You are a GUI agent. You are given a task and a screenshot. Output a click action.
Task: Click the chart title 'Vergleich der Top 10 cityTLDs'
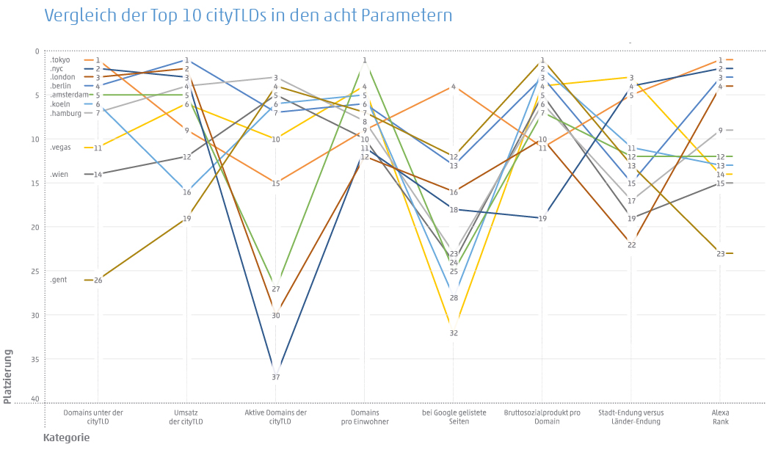pyautogui.click(x=248, y=15)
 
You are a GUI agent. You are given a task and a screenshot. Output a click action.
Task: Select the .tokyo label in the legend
pyautogui.click(x=59, y=60)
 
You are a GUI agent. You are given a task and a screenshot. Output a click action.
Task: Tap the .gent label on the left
pyautogui.click(x=58, y=280)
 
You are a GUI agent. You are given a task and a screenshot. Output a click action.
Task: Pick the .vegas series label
pyautogui.click(x=60, y=148)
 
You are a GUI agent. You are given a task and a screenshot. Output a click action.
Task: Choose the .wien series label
pyautogui.click(x=58, y=175)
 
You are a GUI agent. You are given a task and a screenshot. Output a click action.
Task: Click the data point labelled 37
pyautogui.click(x=276, y=377)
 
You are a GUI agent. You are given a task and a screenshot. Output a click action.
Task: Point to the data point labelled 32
pyautogui.click(x=454, y=333)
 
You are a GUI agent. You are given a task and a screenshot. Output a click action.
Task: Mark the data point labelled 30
pyautogui.click(x=276, y=316)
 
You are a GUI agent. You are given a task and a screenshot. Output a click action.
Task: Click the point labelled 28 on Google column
pyautogui.click(x=454, y=298)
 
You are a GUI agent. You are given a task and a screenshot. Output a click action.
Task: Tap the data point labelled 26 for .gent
pyautogui.click(x=98, y=280)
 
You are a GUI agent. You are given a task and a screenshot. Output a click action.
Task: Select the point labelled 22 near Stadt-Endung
pyautogui.click(x=631, y=245)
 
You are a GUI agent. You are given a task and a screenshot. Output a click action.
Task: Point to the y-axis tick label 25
pyautogui.click(x=35, y=272)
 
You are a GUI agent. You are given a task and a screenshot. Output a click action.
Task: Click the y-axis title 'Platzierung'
pyautogui.click(x=8, y=377)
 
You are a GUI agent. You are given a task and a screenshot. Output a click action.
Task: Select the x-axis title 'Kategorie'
pyautogui.click(x=67, y=438)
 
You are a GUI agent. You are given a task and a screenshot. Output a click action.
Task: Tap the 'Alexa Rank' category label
pyautogui.click(x=720, y=417)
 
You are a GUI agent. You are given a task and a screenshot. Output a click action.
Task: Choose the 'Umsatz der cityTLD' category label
pyautogui.click(x=186, y=417)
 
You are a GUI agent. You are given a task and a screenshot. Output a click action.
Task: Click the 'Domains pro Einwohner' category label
pyautogui.click(x=365, y=417)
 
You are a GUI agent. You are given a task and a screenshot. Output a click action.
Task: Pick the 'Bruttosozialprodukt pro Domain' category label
pyautogui.click(x=542, y=417)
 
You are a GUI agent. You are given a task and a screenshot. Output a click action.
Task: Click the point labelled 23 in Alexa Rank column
pyautogui.click(x=721, y=254)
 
